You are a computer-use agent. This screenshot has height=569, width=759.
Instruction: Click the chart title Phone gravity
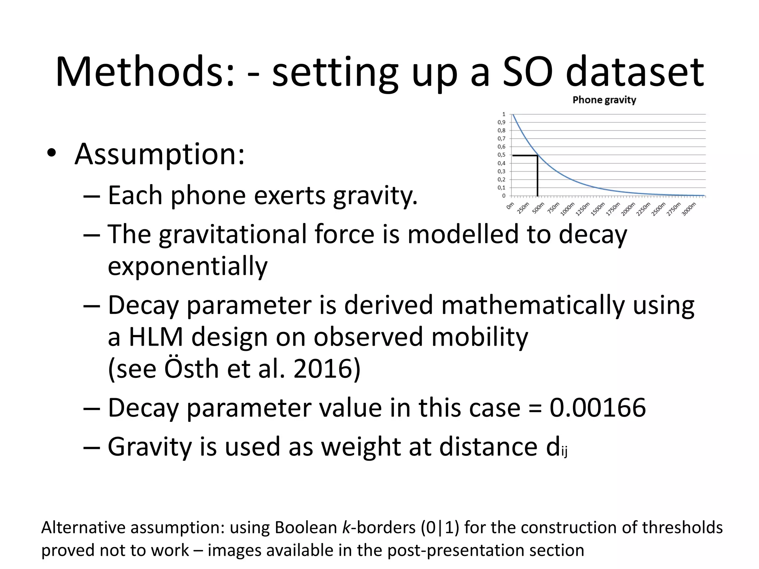click(604, 100)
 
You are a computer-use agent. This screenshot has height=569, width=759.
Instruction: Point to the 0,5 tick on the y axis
click(501, 155)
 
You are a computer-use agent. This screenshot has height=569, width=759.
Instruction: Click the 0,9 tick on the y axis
click(501, 122)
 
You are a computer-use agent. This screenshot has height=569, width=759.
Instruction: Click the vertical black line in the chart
click(537, 176)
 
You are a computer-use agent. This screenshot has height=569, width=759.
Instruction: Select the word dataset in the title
click(634, 71)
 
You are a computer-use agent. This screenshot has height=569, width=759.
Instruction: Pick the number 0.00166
click(597, 407)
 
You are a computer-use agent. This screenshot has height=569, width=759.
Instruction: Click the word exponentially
click(188, 266)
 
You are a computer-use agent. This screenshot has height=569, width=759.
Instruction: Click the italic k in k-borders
click(346, 527)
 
